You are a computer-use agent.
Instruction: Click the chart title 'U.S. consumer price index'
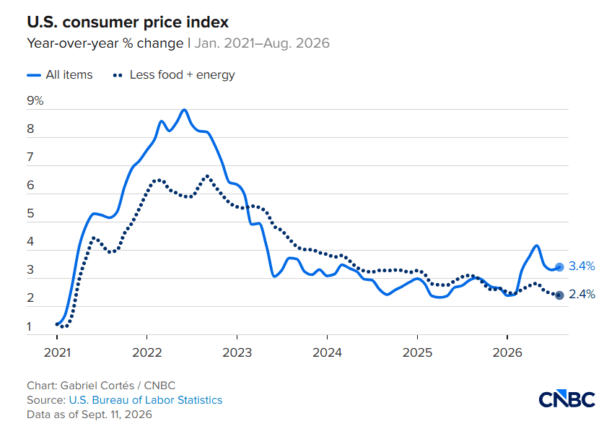pyautogui.click(x=128, y=22)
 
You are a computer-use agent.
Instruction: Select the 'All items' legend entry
pyautogui.click(x=60, y=75)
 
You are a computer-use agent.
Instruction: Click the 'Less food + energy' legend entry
pyautogui.click(x=174, y=75)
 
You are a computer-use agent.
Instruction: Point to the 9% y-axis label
pyautogui.click(x=35, y=100)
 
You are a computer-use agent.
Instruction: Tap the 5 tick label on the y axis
pyautogui.click(x=30, y=214)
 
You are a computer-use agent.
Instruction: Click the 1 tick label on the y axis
pyautogui.click(x=30, y=326)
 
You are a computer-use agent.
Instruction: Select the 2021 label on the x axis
pyautogui.click(x=57, y=352)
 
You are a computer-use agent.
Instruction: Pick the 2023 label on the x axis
pyautogui.click(x=237, y=352)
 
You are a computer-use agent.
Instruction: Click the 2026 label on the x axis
pyautogui.click(x=507, y=352)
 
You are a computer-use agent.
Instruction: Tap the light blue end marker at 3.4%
pyautogui.click(x=560, y=266)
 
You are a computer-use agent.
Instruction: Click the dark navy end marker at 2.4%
pyautogui.click(x=560, y=295)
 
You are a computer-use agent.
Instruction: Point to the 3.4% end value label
pyautogui.click(x=582, y=266)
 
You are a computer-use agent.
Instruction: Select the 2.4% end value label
pyautogui.click(x=582, y=295)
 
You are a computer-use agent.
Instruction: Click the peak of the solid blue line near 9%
pyautogui.click(x=184, y=110)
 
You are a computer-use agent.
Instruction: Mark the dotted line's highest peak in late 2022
pyautogui.click(x=207, y=176)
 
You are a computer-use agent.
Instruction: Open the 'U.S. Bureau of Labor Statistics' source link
pyautogui.click(x=146, y=400)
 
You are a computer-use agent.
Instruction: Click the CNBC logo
pyautogui.click(x=566, y=399)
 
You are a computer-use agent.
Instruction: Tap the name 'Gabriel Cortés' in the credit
pyautogui.click(x=97, y=386)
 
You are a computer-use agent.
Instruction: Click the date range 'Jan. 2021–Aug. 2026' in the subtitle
pyautogui.click(x=262, y=43)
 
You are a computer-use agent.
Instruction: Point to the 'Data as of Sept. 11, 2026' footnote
pyautogui.click(x=89, y=415)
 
